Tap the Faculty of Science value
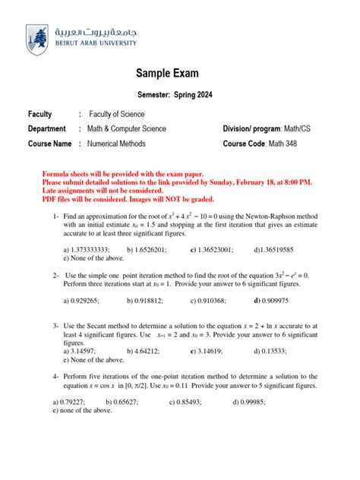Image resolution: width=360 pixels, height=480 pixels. click(116, 114)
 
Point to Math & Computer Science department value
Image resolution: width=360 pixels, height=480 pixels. click(126, 129)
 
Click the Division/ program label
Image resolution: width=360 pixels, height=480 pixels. click(251, 129)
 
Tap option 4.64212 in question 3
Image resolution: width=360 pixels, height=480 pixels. click(144, 352)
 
